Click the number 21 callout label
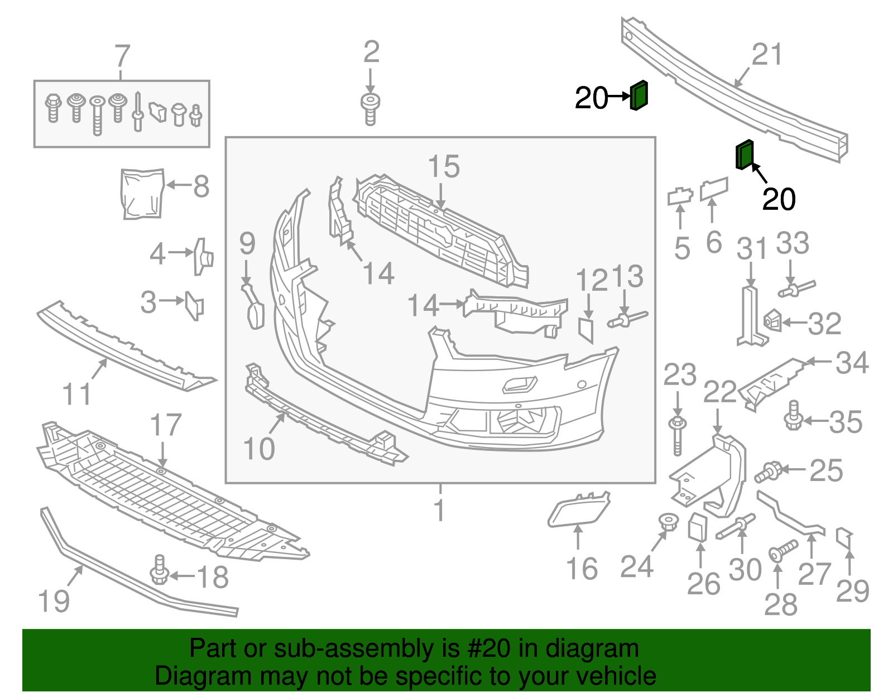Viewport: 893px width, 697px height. [x=767, y=55]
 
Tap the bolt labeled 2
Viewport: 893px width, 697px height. [x=369, y=108]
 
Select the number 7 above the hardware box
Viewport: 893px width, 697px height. [x=122, y=56]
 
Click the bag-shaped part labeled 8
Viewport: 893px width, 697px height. [x=142, y=193]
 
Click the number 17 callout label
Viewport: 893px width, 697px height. [x=166, y=425]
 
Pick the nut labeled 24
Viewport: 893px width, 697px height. [x=668, y=522]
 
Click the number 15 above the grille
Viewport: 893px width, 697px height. [x=444, y=167]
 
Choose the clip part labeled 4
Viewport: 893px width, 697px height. [x=203, y=257]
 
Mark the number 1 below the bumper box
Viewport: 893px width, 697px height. [x=440, y=510]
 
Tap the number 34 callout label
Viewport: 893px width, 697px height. [x=852, y=363]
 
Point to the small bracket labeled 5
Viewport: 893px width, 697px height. [x=680, y=196]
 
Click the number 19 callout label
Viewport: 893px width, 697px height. [x=54, y=601]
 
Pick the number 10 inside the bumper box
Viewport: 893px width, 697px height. [x=259, y=449]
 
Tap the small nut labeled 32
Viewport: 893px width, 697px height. [x=772, y=320]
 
